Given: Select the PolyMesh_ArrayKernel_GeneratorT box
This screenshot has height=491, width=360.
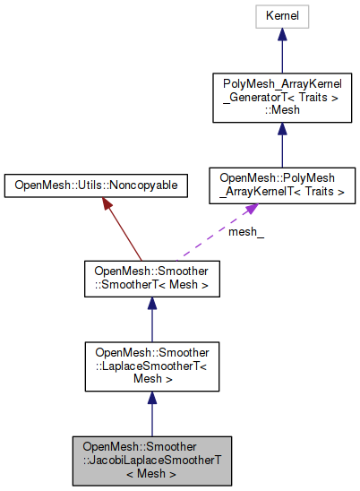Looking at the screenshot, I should coord(281,98).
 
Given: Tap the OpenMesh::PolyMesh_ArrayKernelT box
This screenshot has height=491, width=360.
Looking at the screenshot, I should coord(281,185).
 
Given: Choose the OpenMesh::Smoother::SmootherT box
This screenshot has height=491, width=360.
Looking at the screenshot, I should coord(150,279).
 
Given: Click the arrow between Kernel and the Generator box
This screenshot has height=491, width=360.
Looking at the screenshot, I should coord(281,54).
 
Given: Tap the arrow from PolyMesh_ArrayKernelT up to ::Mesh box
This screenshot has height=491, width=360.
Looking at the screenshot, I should coord(281,143).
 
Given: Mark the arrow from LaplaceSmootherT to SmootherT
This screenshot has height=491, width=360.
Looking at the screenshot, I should coord(150,318).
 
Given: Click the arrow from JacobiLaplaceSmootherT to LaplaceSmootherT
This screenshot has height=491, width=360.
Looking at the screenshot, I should coord(150,412).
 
